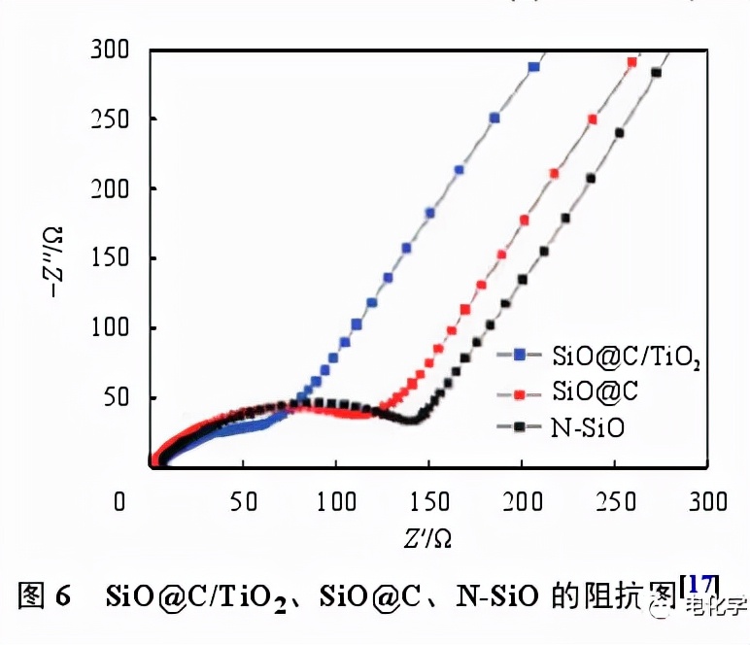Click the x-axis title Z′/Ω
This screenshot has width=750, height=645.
pos(428,536)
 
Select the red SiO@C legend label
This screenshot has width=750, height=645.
pos(593,391)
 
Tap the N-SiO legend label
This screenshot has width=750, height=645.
pos(588,426)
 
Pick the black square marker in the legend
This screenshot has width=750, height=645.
pos(521,425)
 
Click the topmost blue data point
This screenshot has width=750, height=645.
pos(533,67)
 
